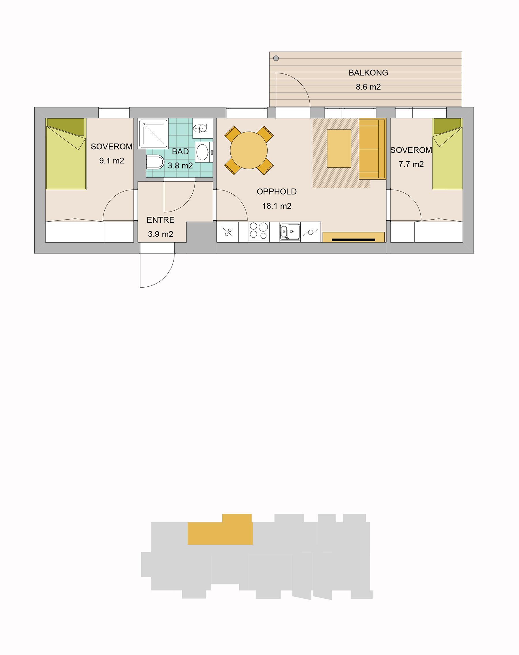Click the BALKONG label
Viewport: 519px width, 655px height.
pos(368,73)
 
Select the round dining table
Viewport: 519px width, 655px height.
pos(249,150)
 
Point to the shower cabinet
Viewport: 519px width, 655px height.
pos(153,134)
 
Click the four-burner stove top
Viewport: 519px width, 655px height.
pos(259,231)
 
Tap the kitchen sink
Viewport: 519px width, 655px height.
pos(290,232)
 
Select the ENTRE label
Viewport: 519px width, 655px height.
pos(160,220)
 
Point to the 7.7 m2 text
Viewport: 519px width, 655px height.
pos(411,164)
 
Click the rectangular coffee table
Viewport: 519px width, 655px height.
pos(339,148)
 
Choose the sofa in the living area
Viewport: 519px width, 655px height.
pos(372,149)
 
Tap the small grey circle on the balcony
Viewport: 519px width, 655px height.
pos(276,58)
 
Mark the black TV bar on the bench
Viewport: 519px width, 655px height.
pos(353,239)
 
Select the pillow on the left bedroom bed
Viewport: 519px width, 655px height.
pos(66,126)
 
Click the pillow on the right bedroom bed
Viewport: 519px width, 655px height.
pos(447,126)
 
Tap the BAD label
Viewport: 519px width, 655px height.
pos(180,152)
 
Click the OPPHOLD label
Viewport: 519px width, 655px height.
pos(277,192)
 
